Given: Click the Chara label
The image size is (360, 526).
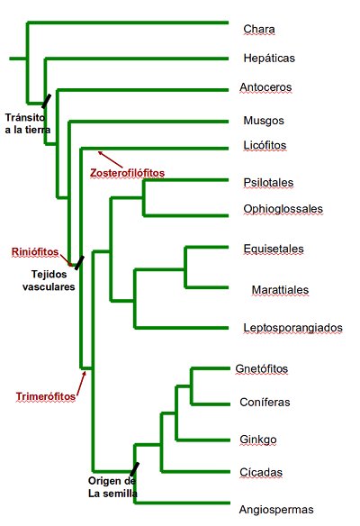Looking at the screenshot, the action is coord(259,29).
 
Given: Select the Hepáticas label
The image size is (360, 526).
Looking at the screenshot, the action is coord(269,59).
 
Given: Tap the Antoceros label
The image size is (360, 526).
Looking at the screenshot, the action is coord(265,87).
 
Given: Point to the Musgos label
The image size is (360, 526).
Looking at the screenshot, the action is coord(264,121).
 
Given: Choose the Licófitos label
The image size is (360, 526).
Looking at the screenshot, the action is coord(265,145).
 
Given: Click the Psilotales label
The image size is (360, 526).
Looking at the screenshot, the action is coord(268,183).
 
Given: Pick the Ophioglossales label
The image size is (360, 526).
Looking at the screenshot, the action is coord(283,209).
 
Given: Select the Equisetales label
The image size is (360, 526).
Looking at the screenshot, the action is coord(274,249).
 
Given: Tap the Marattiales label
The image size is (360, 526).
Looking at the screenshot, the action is coord(280,290).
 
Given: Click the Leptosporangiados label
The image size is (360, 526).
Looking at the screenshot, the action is coord(293,328).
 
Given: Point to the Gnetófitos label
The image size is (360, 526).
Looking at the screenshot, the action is coord(262,368).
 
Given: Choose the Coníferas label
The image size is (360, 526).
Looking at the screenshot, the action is coord(265,402).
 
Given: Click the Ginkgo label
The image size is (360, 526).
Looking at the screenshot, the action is coord(258,440).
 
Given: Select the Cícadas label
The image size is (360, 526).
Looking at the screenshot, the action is coord(261,472).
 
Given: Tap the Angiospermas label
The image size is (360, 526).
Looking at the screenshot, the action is coord(276,510).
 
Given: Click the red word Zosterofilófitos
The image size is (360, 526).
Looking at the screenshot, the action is coord(128,173).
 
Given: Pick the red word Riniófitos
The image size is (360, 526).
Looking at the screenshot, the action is coord(35,252).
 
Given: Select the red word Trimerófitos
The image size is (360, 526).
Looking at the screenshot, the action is coord(46,396).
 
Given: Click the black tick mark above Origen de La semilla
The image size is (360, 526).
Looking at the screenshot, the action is coord(134,469).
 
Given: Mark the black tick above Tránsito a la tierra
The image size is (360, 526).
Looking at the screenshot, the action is coord(47,101).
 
